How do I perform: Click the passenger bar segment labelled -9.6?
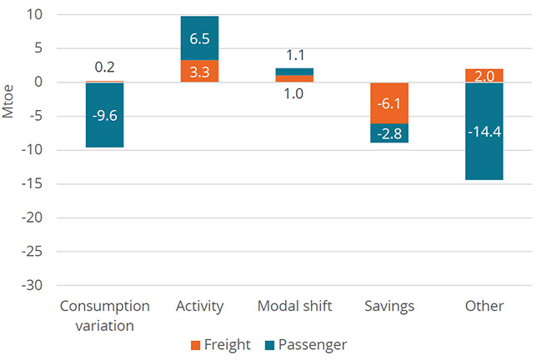point(104,115)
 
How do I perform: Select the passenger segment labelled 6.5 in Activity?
point(199,38)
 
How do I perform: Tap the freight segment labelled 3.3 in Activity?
point(199,72)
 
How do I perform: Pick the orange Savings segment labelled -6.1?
point(389,102)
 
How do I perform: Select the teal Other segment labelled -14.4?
point(484,131)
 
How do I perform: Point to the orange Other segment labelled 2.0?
point(484,76)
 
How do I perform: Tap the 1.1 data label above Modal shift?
point(294,56)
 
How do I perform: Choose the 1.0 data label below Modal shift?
point(294,94)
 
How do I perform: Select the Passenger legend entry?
point(308,343)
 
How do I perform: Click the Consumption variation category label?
point(104,314)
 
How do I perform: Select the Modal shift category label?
point(294,306)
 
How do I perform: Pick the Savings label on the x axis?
point(389,306)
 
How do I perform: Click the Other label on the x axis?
point(484,306)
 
